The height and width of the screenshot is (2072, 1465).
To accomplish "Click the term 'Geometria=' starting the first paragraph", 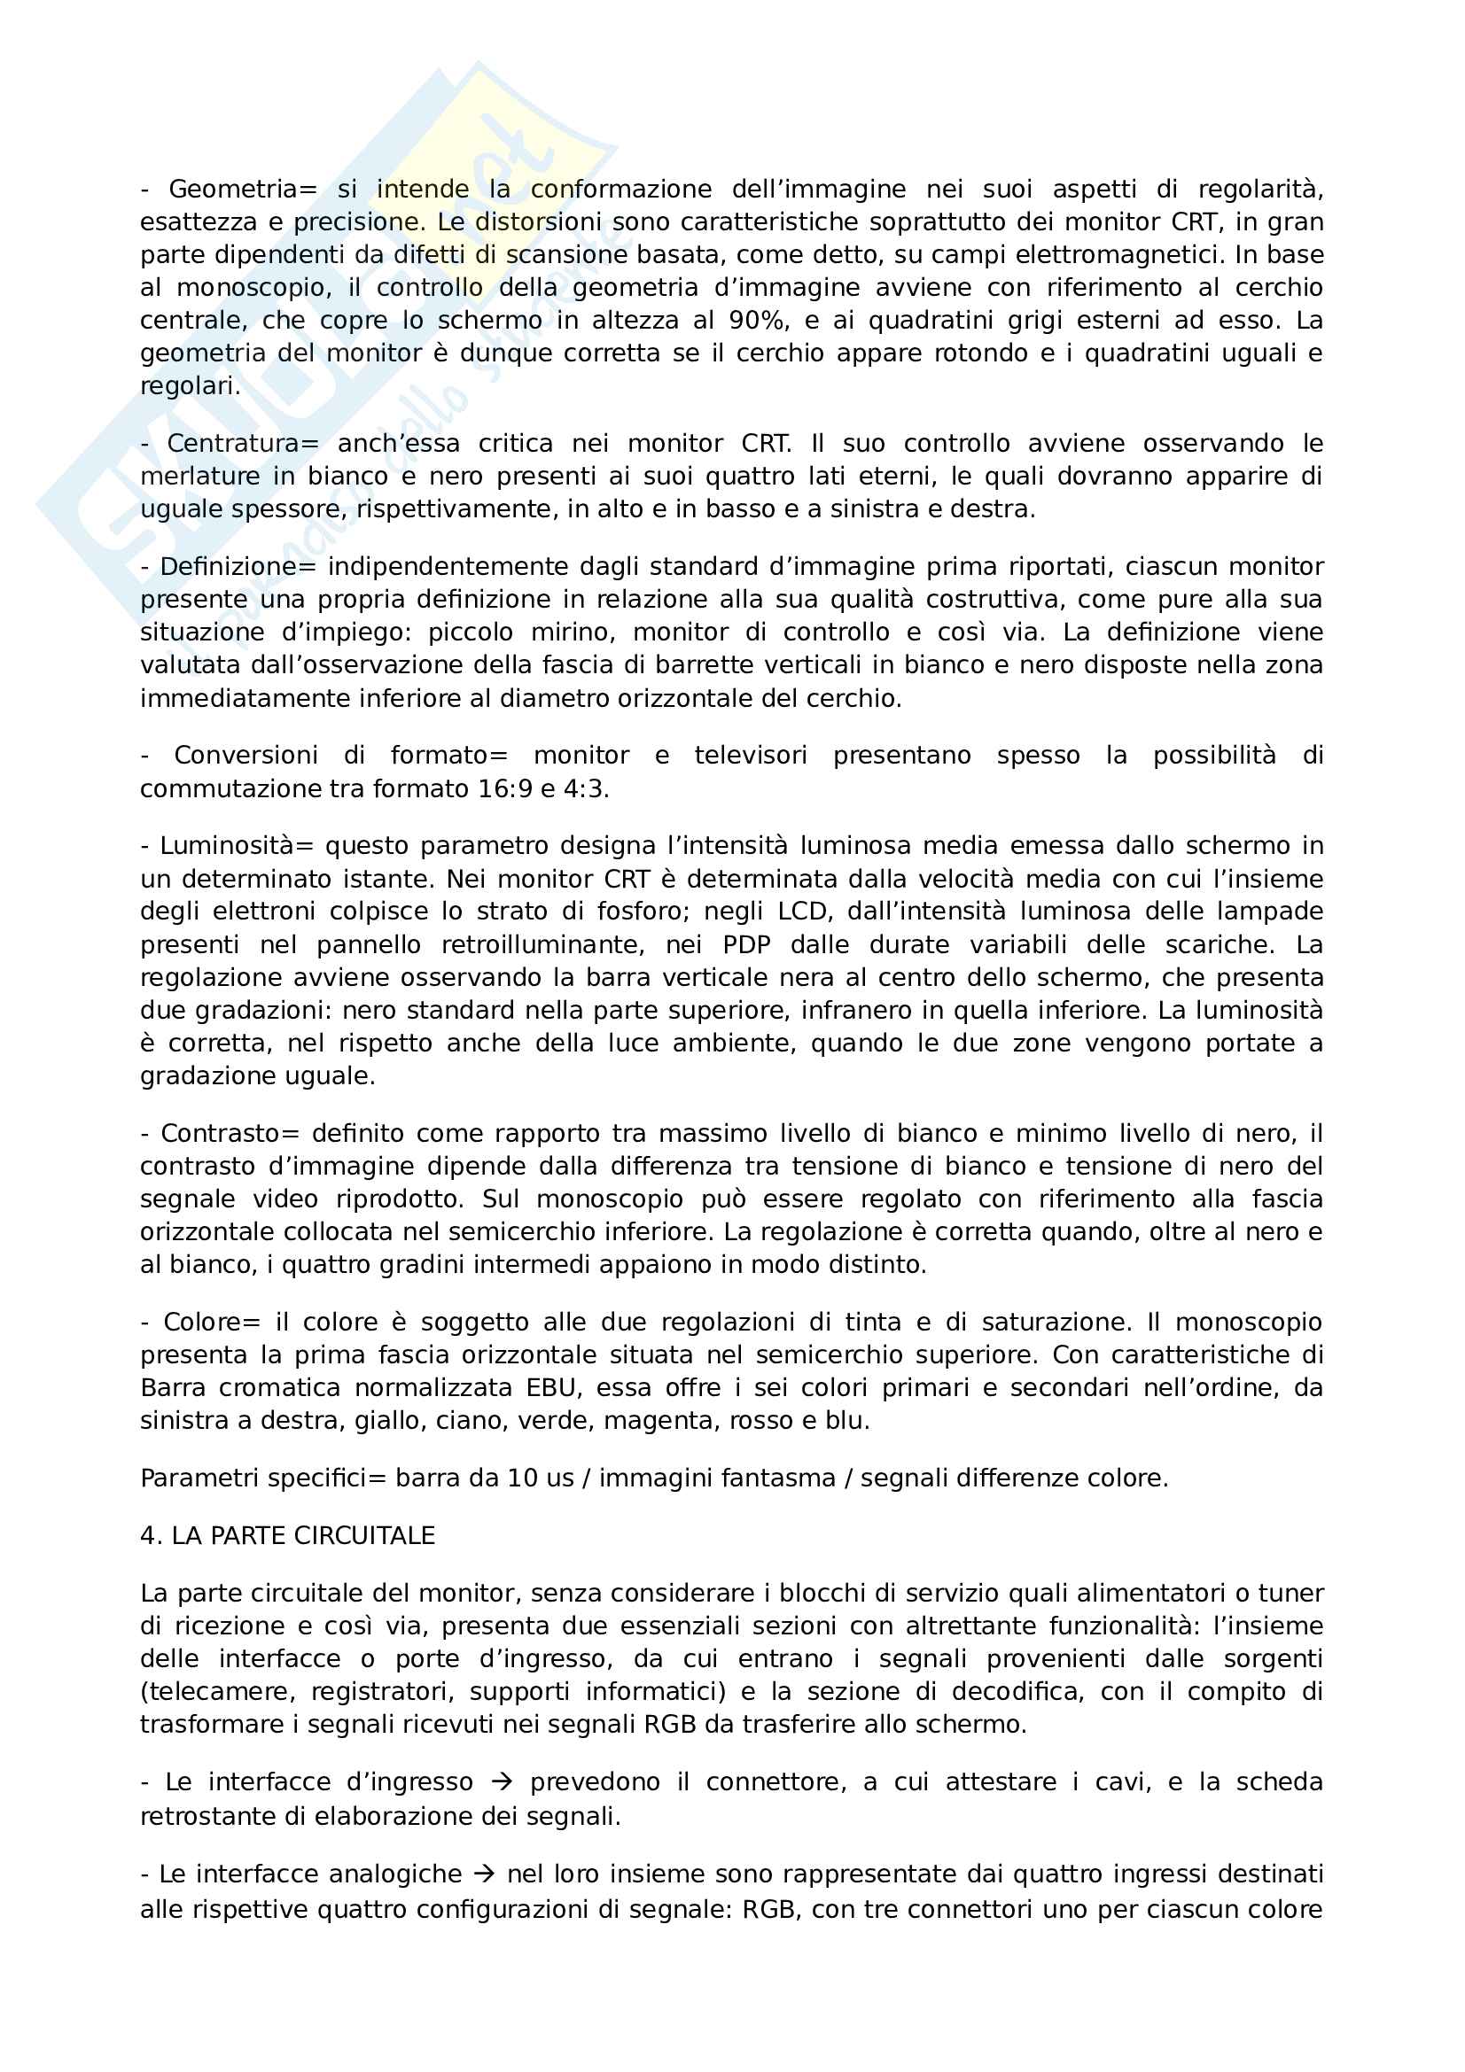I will (243, 190).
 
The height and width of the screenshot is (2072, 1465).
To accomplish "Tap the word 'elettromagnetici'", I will (1118, 255).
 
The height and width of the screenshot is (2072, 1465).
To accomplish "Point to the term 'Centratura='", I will (243, 444).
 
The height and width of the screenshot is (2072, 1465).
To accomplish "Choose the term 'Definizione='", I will (239, 567).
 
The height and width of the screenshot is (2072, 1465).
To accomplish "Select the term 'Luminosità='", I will (237, 847).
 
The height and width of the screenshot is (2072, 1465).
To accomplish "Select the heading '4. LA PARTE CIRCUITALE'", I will (288, 1536).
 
